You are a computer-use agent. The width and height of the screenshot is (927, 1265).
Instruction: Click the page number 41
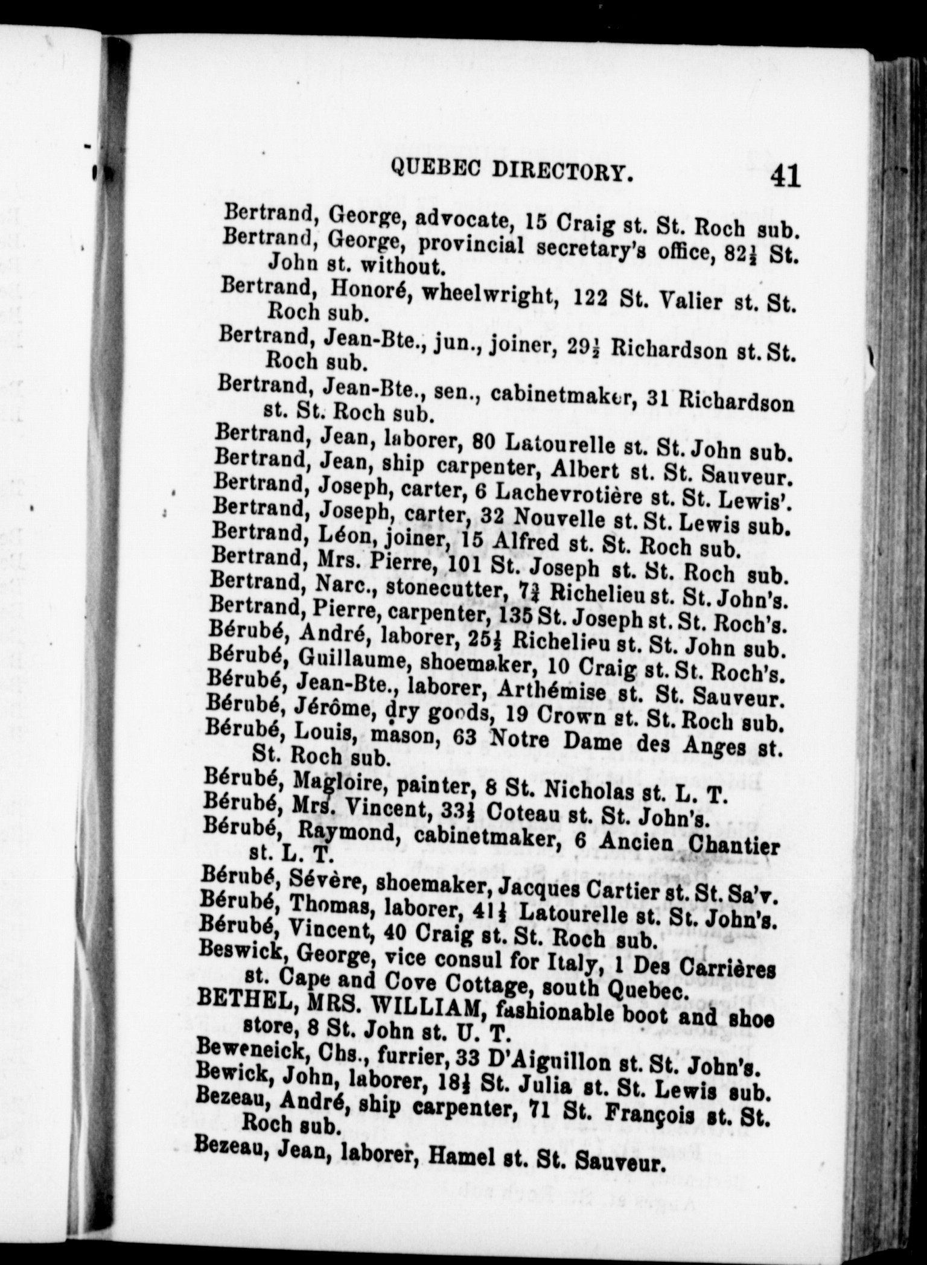click(784, 178)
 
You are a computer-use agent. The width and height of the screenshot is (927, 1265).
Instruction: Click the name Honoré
click(367, 290)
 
